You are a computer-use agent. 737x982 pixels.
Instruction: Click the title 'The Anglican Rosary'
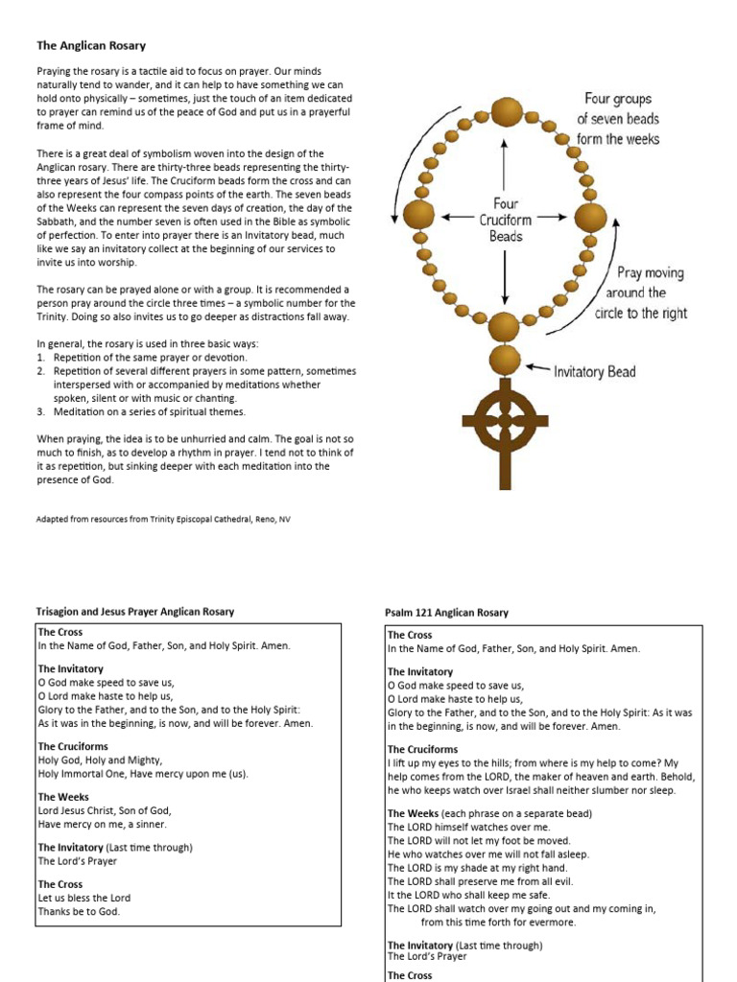[91, 45]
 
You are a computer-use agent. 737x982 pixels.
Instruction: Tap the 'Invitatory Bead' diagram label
[595, 371]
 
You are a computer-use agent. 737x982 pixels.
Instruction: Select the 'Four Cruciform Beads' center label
[506, 220]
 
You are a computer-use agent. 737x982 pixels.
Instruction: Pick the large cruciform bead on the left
[418, 215]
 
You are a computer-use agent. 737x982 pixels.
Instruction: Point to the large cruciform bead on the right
[590, 217]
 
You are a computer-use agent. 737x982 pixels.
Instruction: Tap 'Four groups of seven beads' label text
[618, 118]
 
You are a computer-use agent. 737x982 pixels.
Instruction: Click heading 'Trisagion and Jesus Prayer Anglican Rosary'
[135, 611]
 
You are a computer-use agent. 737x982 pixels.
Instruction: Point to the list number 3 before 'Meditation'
[41, 412]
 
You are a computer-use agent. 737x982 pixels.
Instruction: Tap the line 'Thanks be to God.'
[79, 911]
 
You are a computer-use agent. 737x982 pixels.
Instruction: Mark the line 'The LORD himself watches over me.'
[469, 827]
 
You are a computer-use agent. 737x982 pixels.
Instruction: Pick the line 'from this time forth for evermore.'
[498, 922]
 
